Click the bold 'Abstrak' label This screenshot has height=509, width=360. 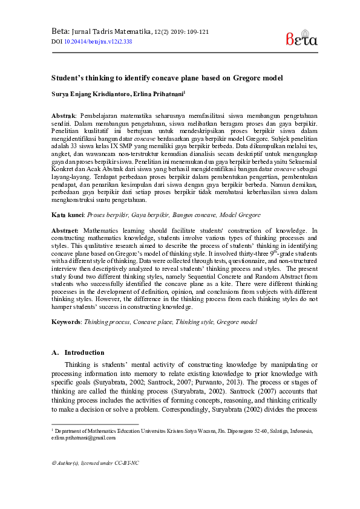[62, 115]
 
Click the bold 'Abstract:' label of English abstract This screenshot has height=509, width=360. [65, 230]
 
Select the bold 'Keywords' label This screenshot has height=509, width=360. [66, 323]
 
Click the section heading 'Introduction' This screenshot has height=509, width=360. [84, 352]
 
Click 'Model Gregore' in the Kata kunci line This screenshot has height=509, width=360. [239, 215]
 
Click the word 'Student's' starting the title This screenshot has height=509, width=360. [68, 78]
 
